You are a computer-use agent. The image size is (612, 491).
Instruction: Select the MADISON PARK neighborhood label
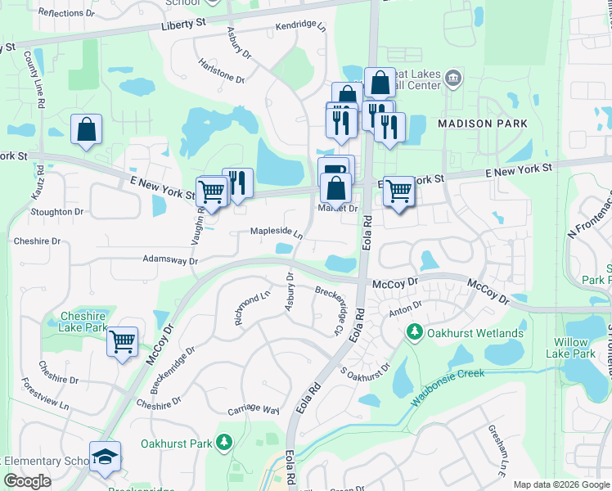tap(483, 124)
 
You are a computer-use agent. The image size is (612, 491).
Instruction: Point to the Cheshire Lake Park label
tap(84, 322)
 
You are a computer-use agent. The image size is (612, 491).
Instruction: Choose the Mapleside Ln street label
tap(277, 232)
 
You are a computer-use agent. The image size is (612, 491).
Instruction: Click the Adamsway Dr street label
tap(170, 260)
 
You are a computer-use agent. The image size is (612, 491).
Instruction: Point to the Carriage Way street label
tap(254, 408)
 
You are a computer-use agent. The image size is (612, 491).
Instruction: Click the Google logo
tap(27, 481)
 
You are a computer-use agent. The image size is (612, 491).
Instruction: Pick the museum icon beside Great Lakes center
tap(454, 79)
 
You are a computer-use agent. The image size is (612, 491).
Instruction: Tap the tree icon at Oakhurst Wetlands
tap(415, 333)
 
